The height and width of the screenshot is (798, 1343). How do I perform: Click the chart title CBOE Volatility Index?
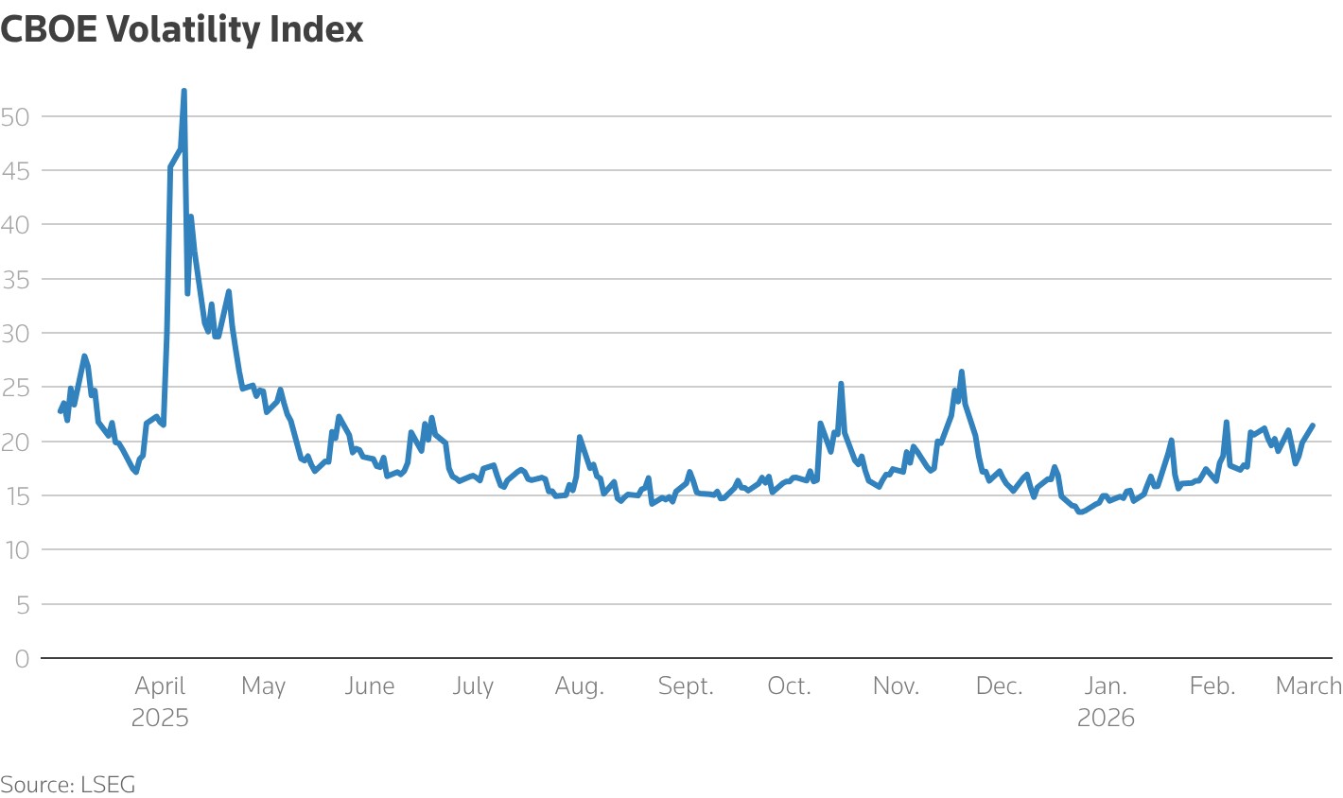(x=182, y=29)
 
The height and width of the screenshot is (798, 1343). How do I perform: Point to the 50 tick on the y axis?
(x=16, y=117)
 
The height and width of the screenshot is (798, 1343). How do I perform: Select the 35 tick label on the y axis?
(x=16, y=280)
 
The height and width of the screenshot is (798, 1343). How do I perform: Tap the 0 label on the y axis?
(x=22, y=659)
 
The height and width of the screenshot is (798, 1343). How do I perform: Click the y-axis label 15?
(x=16, y=496)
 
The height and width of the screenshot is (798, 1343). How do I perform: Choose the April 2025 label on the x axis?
(x=160, y=701)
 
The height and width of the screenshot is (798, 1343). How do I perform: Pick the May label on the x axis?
(x=263, y=686)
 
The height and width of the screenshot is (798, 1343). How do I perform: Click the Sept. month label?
(x=686, y=686)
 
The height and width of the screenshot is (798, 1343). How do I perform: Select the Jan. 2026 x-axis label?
(x=1106, y=701)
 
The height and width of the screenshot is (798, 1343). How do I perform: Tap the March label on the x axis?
(x=1309, y=686)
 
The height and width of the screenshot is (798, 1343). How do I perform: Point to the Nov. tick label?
(x=896, y=686)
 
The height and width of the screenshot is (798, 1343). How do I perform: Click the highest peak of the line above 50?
(x=183, y=92)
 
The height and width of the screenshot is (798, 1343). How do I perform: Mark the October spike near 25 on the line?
(x=841, y=384)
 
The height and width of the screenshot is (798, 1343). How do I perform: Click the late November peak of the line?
(x=961, y=372)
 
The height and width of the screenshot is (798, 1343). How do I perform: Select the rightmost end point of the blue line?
(x=1313, y=425)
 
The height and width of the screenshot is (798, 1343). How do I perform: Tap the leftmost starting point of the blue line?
(x=61, y=411)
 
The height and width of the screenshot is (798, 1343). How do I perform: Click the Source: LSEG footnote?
(x=68, y=784)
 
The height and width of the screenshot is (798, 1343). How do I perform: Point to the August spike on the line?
(x=580, y=437)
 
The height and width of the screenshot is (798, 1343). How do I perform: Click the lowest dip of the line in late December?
(x=1080, y=512)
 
